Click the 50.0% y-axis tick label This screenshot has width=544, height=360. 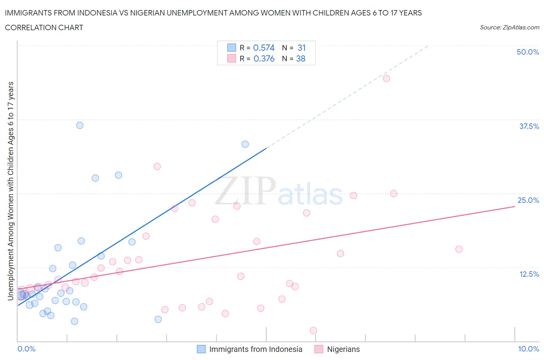coord(527,52)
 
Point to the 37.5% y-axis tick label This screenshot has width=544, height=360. coord(529,126)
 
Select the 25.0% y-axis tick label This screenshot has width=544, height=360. coord(528,200)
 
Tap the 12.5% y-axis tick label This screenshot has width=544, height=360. coord(529,274)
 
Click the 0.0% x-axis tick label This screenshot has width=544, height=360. coord(26,349)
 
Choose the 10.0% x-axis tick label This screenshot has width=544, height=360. coord(528,349)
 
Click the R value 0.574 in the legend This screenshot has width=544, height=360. coord(263,48)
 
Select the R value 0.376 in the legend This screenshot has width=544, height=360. coord(263,58)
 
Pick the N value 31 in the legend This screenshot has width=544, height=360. coord(301,48)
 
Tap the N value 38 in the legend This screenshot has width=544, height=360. coord(301,58)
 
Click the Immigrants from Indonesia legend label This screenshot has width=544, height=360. coord(255,349)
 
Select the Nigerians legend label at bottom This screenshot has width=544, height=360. coord(343,349)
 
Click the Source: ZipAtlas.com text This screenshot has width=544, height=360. coord(509,27)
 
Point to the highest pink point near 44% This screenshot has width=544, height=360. coord(386,78)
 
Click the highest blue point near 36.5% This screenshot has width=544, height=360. coord(80,125)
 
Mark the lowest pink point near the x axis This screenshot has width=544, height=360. coord(313,331)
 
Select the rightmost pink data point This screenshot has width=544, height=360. coord(459,249)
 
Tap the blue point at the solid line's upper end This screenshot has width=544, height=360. coord(245,144)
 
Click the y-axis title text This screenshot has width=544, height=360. coord(10,191)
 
